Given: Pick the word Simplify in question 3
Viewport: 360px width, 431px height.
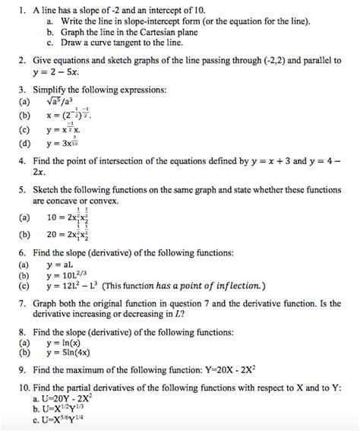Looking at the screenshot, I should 52,90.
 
